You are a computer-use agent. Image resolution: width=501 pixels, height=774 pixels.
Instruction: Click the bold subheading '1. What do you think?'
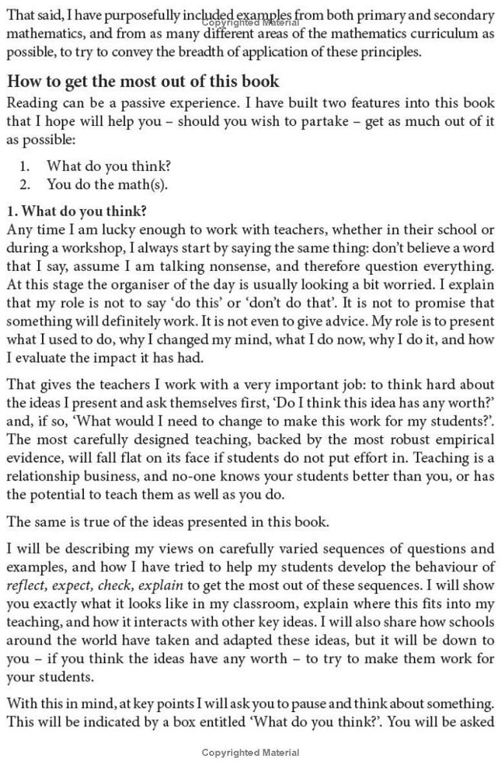coord(77,212)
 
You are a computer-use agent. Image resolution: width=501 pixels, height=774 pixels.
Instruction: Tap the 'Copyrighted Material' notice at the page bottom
coord(251,753)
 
